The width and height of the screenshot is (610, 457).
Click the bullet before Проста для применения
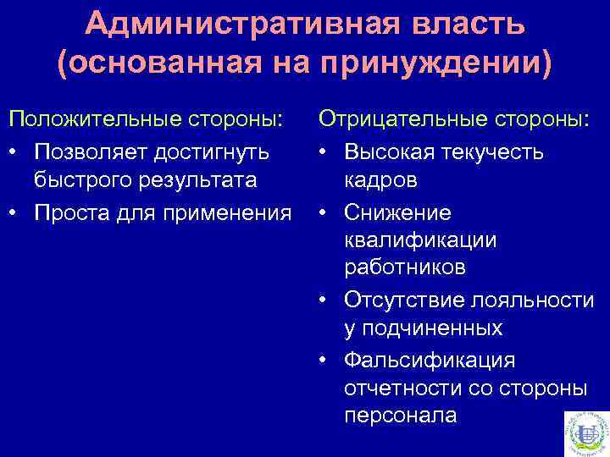click(x=14, y=211)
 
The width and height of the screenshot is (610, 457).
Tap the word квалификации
click(x=420, y=240)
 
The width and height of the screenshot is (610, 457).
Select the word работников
click(x=404, y=268)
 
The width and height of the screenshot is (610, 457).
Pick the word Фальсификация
click(x=430, y=360)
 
